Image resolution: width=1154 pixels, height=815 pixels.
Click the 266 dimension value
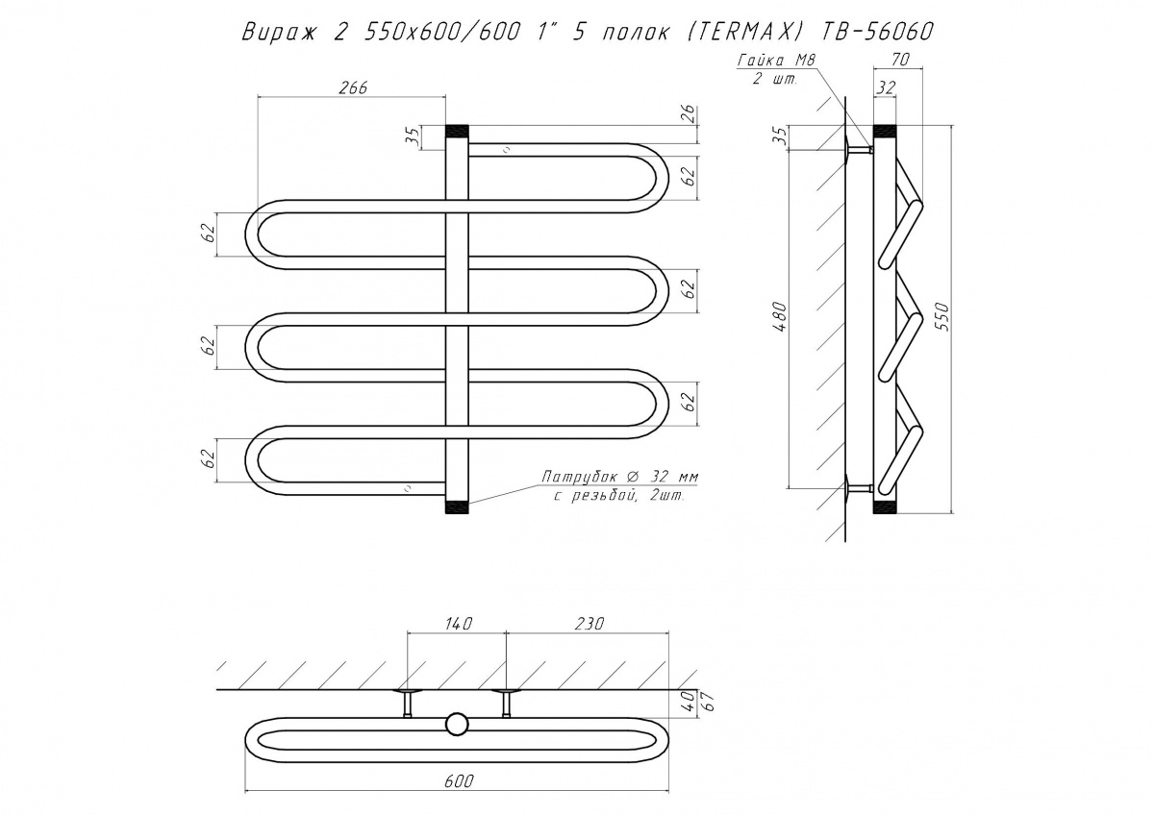[x=354, y=88]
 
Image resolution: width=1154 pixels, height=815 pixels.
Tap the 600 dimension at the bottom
[x=458, y=781]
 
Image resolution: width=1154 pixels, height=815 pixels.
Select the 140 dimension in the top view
[x=458, y=624]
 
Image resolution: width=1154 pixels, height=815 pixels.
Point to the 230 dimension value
[x=589, y=624]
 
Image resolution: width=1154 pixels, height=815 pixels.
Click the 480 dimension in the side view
[x=781, y=317]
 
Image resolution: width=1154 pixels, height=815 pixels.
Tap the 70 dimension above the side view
[x=899, y=61]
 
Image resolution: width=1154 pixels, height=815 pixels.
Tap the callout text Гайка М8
[x=777, y=61]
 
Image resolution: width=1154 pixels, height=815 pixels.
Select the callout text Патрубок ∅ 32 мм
[x=619, y=477]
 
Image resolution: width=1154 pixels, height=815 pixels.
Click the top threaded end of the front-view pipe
[x=457, y=132]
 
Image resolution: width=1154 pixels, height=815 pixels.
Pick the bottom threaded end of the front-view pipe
[x=457, y=506]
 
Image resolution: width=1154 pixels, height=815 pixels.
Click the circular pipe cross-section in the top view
[x=457, y=725]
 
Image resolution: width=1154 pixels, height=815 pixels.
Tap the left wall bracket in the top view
[x=408, y=703]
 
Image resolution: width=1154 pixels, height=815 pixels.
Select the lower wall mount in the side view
[x=858, y=487]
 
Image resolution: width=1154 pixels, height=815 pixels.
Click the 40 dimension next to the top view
[x=690, y=701]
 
